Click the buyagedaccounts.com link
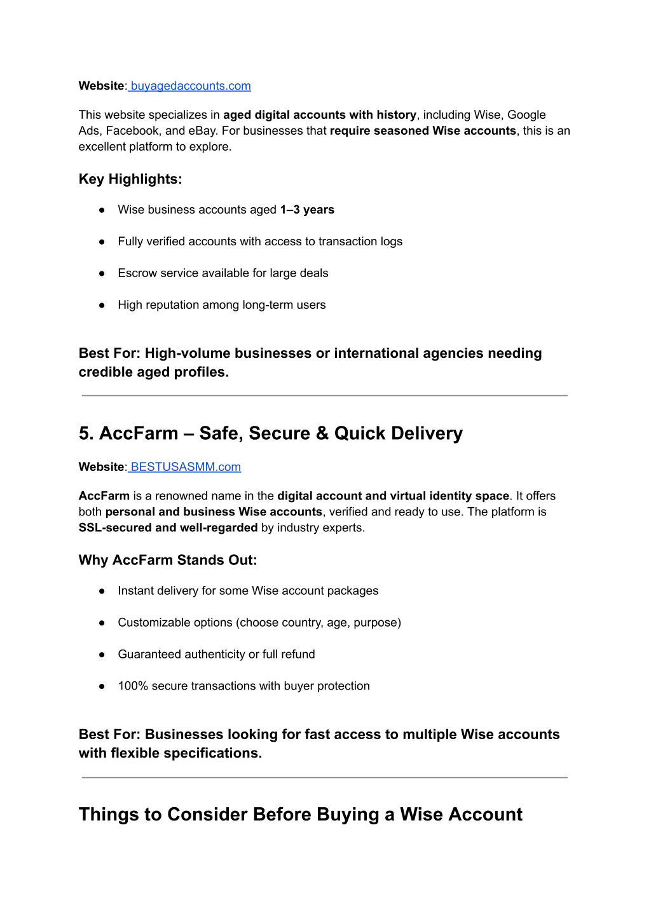point(190,86)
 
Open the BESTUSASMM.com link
point(185,467)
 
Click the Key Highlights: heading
point(130,179)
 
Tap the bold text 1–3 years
point(307,210)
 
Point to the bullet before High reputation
point(102,305)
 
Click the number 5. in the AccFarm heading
point(86,433)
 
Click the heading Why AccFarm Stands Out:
point(168,560)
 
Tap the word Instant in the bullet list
point(135,591)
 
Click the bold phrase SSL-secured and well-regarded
point(168,528)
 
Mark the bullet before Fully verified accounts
point(102,242)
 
